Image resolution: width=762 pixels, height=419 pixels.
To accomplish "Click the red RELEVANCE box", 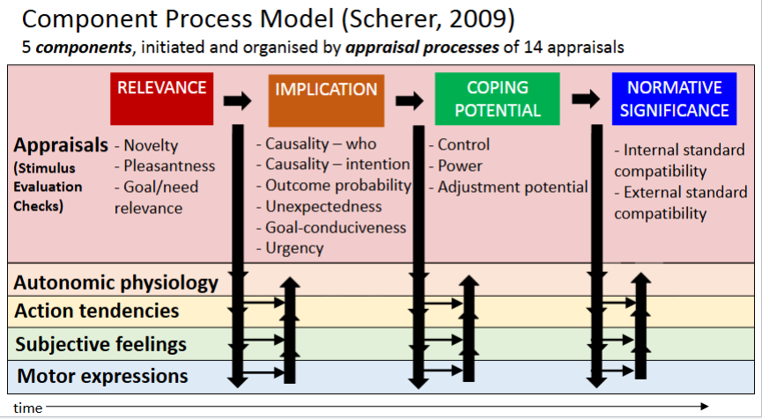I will click(161, 98).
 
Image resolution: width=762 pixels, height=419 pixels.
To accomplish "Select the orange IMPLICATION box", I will click(326, 99).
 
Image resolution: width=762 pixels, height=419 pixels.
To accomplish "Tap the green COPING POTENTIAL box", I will click(498, 99).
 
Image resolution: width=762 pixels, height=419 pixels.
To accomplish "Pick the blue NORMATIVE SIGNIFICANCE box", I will click(674, 99).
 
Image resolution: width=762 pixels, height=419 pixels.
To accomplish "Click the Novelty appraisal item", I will click(151, 145).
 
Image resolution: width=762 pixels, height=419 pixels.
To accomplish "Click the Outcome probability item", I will click(338, 185).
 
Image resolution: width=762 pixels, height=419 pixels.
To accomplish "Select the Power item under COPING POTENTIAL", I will click(460, 165).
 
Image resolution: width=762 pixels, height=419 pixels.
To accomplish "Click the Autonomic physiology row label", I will click(115, 283).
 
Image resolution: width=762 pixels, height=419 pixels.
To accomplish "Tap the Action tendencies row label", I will click(97, 311).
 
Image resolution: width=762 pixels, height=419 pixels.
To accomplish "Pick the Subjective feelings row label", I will click(100, 343).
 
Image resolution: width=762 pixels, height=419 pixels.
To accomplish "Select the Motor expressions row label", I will click(102, 376).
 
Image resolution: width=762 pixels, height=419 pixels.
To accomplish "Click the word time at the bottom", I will click(27, 408).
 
